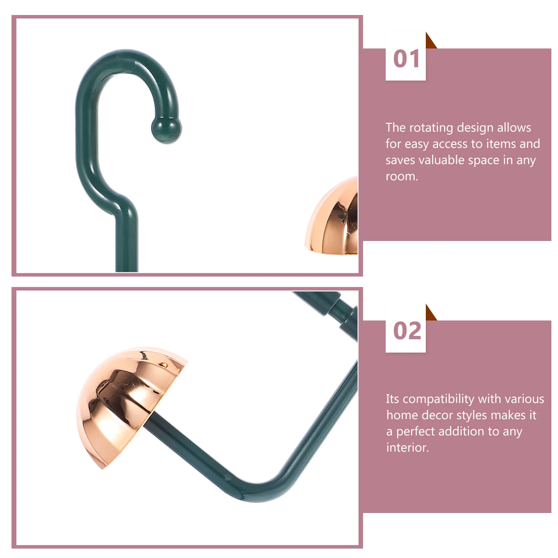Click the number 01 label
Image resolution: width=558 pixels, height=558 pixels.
406,59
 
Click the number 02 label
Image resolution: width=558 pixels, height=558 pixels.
407,331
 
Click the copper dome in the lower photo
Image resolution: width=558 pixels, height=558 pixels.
129,401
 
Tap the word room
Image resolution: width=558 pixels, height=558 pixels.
401,176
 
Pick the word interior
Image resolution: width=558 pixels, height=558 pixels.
407,447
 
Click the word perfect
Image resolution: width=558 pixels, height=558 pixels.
416,432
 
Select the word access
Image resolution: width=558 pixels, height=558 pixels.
450,144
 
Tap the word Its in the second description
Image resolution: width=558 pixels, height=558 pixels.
392,399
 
